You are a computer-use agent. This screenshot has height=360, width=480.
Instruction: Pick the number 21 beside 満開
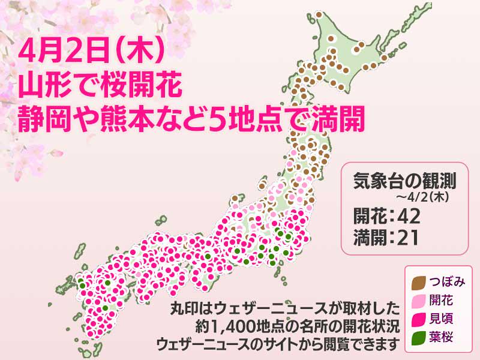(x=406, y=237)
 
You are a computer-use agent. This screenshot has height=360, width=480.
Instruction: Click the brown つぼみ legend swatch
(x=420, y=280)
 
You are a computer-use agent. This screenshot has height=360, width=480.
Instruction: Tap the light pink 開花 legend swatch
(x=420, y=298)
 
